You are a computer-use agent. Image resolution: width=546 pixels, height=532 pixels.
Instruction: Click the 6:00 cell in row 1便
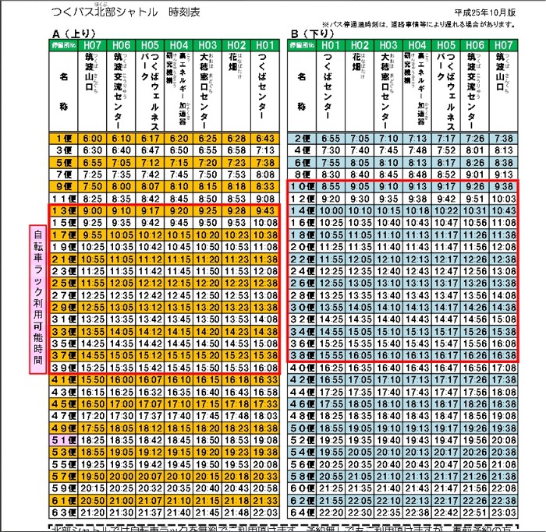pyautogui.click(x=92, y=138)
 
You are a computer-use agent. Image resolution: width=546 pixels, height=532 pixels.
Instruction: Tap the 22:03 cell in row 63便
pyautogui.click(x=264, y=513)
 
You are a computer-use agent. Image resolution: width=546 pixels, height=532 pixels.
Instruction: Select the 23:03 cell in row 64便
pyautogui.click(x=502, y=513)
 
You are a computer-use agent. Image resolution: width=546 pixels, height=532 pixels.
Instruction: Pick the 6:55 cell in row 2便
pyautogui.click(x=331, y=138)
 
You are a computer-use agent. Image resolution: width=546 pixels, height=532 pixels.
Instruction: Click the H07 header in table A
pyautogui.click(x=93, y=45)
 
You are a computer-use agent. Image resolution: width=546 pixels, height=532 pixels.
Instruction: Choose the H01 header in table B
pyautogui.click(x=331, y=45)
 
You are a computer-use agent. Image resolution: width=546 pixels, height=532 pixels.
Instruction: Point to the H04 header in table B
pyautogui.click(x=417, y=45)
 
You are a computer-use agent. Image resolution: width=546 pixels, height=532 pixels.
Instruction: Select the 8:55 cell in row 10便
pyautogui.click(x=331, y=187)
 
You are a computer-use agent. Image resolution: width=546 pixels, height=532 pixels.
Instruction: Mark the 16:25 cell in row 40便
pyautogui.click(x=331, y=368)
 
